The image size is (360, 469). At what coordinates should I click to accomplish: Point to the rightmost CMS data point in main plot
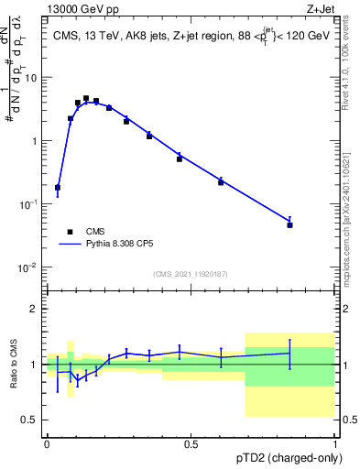click(x=289, y=224)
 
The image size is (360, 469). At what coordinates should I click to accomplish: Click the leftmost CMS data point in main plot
click(x=58, y=187)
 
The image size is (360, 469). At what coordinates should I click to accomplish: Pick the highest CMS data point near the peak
click(x=86, y=98)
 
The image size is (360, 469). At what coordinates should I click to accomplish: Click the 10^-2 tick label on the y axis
click(x=30, y=267)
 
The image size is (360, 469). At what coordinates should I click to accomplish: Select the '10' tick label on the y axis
click(x=32, y=77)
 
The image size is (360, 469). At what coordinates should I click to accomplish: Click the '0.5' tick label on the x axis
click(x=191, y=444)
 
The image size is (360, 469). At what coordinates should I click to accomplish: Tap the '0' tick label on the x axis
click(x=47, y=444)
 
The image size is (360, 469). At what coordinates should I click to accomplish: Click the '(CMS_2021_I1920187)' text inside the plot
click(x=190, y=274)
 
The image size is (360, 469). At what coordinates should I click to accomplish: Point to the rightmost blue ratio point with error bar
click(x=289, y=353)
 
